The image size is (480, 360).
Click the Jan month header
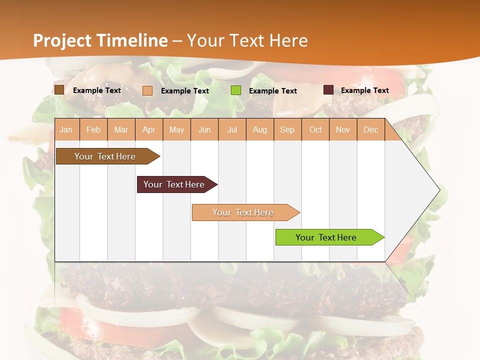pyautogui.click(x=66, y=129)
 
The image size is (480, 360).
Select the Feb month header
pyautogui.click(x=93, y=129)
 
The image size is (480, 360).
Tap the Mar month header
pyautogui.click(x=121, y=129)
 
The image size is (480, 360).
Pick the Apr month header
pyautogui.click(x=149, y=129)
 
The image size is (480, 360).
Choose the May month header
pyautogui.click(x=176, y=129)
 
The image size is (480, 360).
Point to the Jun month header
pyautogui.click(x=204, y=129)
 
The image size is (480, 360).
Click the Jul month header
pyautogui.click(x=232, y=129)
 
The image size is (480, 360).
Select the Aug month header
pyautogui.click(x=260, y=129)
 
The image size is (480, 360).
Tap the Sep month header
pyautogui.click(x=287, y=129)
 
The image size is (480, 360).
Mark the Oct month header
pyautogui.click(x=315, y=129)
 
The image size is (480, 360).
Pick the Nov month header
pyautogui.click(x=343, y=129)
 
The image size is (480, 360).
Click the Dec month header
pyautogui.click(x=371, y=129)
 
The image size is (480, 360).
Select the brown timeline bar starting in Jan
pyautogui.click(x=105, y=156)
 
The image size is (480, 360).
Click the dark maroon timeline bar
pyautogui.click(x=174, y=184)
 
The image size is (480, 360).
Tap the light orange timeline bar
pyautogui.click(x=243, y=212)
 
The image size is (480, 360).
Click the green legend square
pyautogui.click(x=236, y=90)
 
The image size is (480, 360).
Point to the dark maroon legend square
pyautogui.click(x=328, y=90)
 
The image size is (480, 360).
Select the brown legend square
pyautogui.click(x=59, y=90)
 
